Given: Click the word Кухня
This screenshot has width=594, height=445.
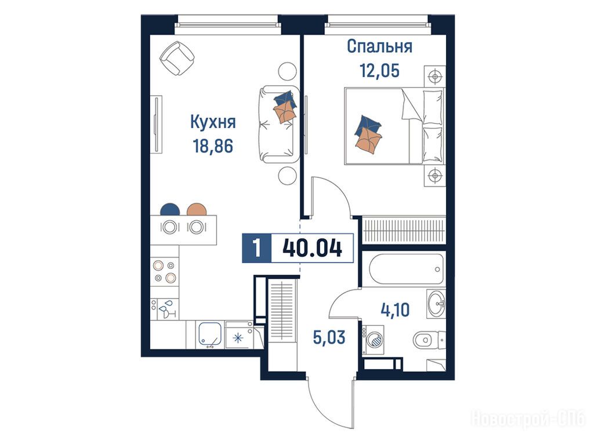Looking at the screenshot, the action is pos(213,123).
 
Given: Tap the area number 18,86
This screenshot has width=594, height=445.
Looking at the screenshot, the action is pos(213,146).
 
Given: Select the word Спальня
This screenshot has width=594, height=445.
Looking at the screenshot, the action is pos(379,46).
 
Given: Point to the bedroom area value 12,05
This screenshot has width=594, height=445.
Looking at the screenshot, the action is pos(379,70).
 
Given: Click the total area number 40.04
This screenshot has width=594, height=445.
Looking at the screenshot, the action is pos(313,249).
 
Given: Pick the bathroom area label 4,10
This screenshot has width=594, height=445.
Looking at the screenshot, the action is pos(395,310).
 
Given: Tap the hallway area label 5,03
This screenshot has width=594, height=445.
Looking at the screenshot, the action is pos(329,338).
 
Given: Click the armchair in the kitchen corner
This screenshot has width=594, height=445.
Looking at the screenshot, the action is pos(177,59).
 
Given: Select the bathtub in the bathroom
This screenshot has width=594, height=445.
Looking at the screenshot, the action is pos(407,269).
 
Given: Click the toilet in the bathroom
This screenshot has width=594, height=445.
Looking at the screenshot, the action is pos(429,340).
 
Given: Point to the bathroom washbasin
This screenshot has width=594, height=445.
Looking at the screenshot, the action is pos(437,304).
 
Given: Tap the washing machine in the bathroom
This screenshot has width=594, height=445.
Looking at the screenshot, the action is pos(373,340).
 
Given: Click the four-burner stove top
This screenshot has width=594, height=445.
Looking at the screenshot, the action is pos(165,272).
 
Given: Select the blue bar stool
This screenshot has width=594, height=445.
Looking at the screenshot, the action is pos(170,209).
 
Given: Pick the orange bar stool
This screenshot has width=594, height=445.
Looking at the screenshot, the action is pos(197,209).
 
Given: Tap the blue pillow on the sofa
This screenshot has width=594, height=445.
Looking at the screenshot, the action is pos(285,99).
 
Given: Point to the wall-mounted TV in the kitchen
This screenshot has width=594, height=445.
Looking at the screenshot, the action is pos(156,124).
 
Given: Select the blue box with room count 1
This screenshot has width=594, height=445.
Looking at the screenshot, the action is pos(257,249).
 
